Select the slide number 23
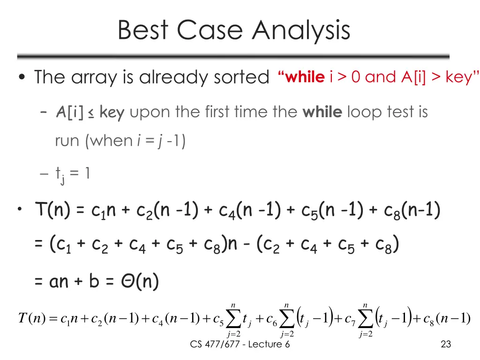(x=446, y=345)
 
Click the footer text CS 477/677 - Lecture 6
(x=240, y=345)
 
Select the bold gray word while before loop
(x=323, y=112)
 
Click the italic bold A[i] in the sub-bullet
(x=69, y=112)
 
